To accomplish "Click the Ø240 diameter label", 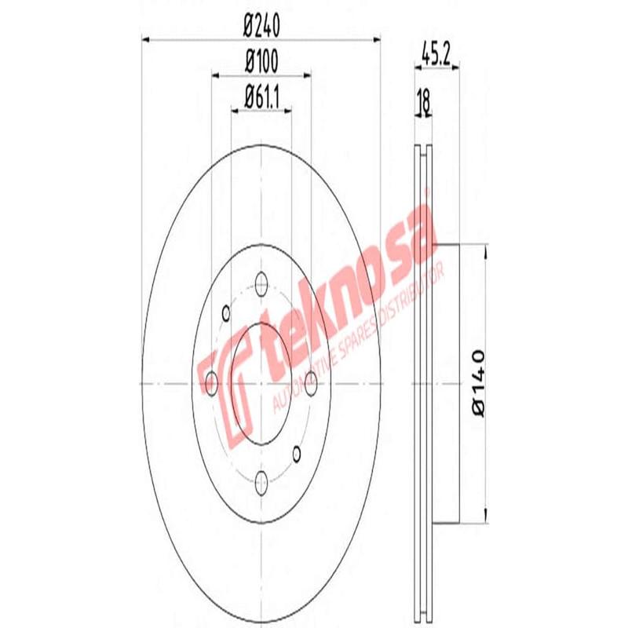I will pyautogui.click(x=262, y=25).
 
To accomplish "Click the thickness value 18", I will pyautogui.click(x=423, y=103).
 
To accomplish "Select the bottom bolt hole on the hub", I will pyautogui.click(x=262, y=483).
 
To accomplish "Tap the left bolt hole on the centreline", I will pyautogui.click(x=211, y=382).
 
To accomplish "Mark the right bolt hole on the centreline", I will pyautogui.click(x=312, y=382).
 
